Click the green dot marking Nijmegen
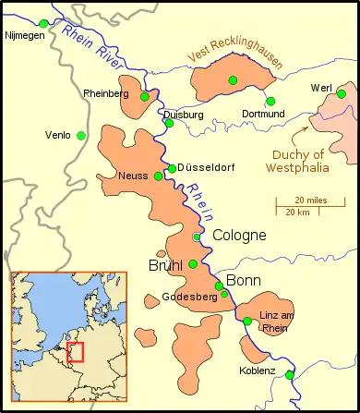coord(43,22)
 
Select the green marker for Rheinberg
coord(144,96)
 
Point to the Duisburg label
coord(183,115)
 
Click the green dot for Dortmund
coord(270,101)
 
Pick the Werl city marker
coord(342,93)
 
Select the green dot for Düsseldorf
coord(172,168)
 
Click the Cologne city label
coord(239,236)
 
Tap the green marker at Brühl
coord(192,264)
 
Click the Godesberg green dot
coord(223,294)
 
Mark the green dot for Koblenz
coord(290,375)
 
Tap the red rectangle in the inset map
coord(75,352)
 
